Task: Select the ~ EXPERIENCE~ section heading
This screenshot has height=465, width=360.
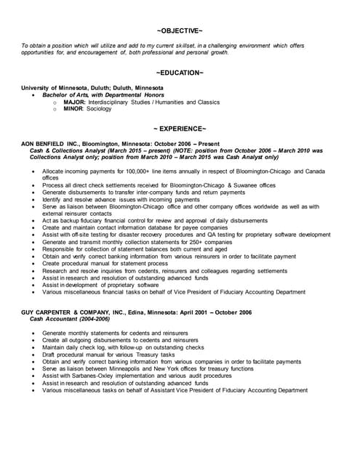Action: coord(180,129)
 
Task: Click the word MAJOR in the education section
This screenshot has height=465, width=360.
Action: coord(74,102)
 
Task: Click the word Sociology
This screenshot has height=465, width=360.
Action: coord(99,109)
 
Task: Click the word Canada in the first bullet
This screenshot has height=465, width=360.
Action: coord(316,171)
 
